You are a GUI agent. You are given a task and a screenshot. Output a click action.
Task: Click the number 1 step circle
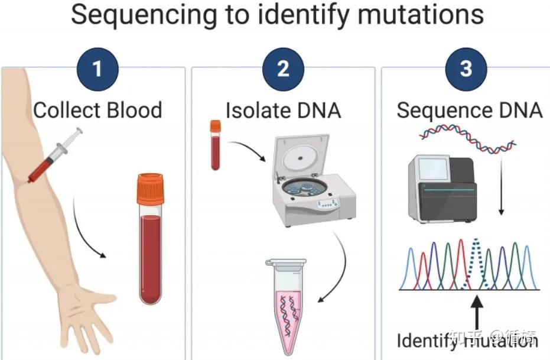[97, 69]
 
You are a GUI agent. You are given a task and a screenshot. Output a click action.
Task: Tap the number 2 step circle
[283, 69]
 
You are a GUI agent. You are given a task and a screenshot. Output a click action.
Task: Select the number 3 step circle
[466, 69]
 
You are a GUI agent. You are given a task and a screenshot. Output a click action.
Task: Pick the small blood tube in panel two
[216, 145]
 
